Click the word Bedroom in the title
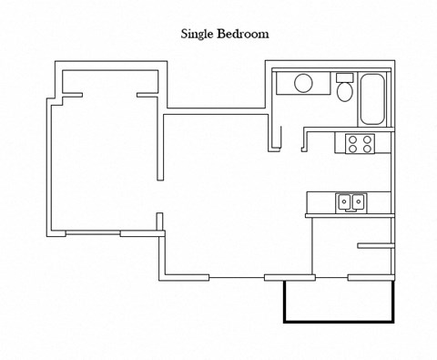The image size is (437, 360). [247, 34]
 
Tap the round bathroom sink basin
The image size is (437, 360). [304, 85]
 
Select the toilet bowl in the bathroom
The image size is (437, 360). [344, 93]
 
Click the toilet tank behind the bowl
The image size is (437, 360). [344, 77]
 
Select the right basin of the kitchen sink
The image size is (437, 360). [359, 201]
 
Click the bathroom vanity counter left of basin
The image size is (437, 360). [284, 85]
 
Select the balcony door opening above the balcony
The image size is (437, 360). [331, 276]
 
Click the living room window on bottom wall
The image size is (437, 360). [237, 276]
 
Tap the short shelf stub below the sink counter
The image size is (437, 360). [374, 245]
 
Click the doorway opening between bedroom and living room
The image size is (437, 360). [162, 197]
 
